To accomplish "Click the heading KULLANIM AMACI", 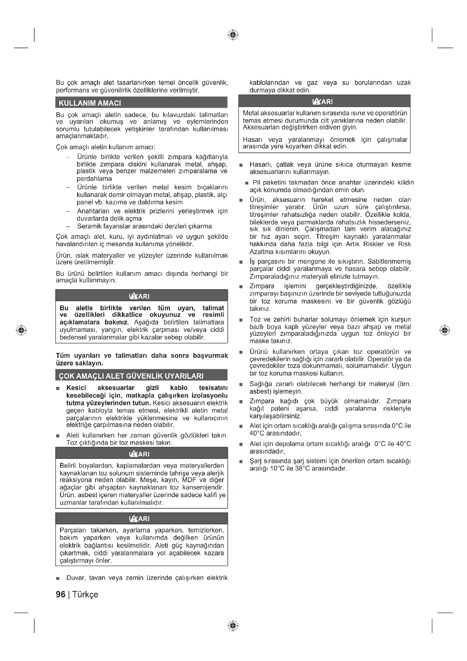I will point(90,103).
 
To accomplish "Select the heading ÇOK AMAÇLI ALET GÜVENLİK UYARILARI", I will point(131,376).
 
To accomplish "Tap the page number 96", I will point(61,594).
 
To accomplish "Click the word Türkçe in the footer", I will point(85,594).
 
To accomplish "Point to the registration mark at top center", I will point(233,35).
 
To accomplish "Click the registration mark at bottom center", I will point(233,626).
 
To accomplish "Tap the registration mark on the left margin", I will point(21,330).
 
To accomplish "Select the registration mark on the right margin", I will point(445,330).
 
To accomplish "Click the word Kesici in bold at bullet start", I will point(76,388).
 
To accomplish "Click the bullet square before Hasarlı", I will point(241,165).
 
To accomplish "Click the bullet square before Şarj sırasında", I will point(241,461).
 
